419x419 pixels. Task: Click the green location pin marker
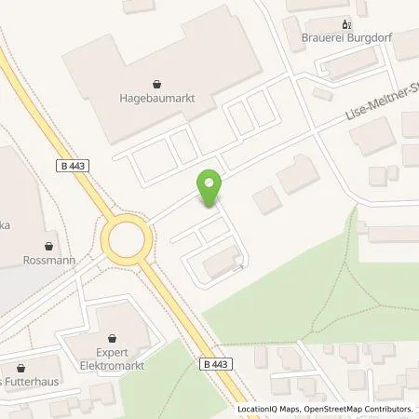click(210, 188)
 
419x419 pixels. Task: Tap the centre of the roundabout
click(126, 242)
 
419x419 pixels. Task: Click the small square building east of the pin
click(264, 197)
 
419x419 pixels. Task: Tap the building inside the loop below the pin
click(218, 262)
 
